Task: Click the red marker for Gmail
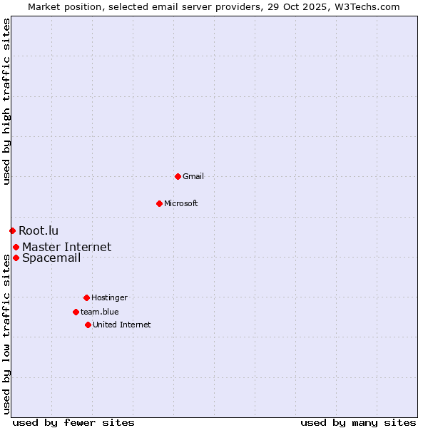178,176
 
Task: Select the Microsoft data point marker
159,203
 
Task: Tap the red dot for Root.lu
12,230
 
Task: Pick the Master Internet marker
16,247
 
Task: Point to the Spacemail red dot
16,258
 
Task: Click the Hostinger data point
86,297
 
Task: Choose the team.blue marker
76,312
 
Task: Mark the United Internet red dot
88,325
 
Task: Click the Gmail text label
193,176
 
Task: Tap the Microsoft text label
181,203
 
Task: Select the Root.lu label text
39,230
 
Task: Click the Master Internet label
66,247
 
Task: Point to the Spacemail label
51,258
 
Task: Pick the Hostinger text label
109,297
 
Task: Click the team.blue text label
100,312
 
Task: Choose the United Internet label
122,325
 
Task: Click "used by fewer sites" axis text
73,422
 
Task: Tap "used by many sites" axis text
358,422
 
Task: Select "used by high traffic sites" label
6,101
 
